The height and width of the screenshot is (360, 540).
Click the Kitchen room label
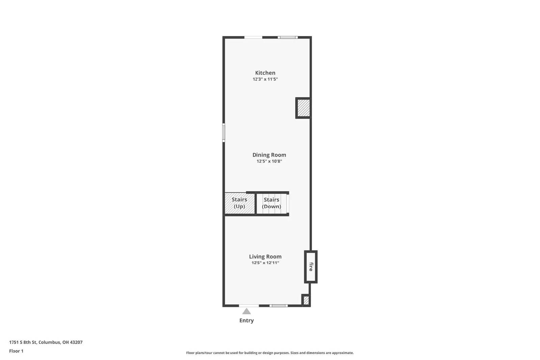pos(265,73)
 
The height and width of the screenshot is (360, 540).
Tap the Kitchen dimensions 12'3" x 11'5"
pos(265,79)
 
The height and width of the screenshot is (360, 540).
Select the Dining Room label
pos(269,155)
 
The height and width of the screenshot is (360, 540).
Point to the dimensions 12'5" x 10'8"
pos(269,161)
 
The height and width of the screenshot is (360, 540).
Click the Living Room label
pos(265,256)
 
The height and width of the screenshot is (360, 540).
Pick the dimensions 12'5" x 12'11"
pos(265,263)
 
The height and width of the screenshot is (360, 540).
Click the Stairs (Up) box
pos(239,203)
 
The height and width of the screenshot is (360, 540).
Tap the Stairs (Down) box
pos(272,203)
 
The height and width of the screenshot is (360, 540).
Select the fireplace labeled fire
pos(311,267)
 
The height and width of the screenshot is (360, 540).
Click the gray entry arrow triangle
pos(246,311)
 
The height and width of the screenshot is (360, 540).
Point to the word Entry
pos(246,321)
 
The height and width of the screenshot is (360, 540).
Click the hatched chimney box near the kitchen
pos(303,108)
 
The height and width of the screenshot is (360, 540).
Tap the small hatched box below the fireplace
pos(306,300)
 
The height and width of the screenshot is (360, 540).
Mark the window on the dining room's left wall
pos(223,132)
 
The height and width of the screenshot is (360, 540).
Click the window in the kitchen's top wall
pos(288,37)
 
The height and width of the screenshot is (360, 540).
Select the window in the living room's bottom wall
pos(279,306)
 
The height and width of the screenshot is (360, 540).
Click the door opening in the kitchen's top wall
pos(253,37)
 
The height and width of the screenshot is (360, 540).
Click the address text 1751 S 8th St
pos(46,342)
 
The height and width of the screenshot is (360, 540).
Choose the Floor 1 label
pos(16,351)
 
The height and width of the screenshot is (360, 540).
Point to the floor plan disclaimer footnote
pos(270,353)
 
